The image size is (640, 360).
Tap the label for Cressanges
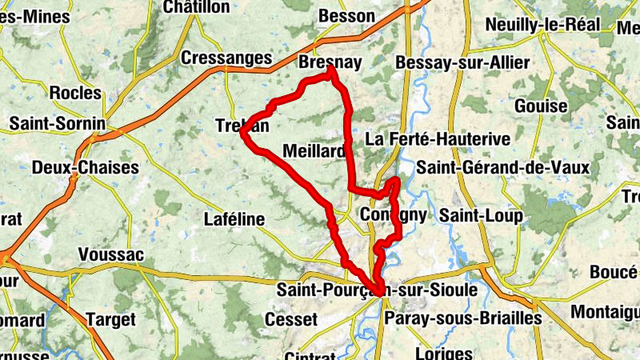pyautogui.click(x=227, y=58)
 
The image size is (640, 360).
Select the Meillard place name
pyautogui.click(x=314, y=151)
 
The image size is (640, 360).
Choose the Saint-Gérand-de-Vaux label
pyautogui.click(x=502, y=168)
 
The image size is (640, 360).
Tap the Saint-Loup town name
pyautogui.click(x=480, y=216)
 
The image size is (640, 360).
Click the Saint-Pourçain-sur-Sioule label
pyautogui.click(x=375, y=289)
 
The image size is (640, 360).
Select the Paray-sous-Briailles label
pyautogui.click(x=463, y=318)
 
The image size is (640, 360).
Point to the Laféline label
pyautogui.click(x=234, y=218)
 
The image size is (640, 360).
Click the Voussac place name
pyautogui.click(x=110, y=254)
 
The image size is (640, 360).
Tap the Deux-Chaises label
pyautogui.click(x=86, y=168)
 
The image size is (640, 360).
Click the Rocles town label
pyautogui.click(x=75, y=93)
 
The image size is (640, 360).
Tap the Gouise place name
pyautogui.click(x=541, y=106)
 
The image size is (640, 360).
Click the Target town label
pyautogui.click(x=110, y=319)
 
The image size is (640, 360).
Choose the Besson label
pyautogui.click(x=346, y=16)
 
